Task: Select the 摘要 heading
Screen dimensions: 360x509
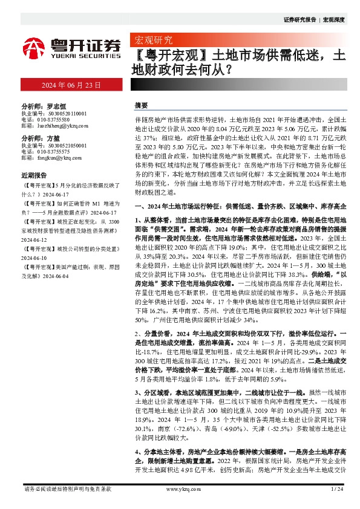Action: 141,105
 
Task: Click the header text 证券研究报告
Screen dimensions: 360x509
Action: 299,20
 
